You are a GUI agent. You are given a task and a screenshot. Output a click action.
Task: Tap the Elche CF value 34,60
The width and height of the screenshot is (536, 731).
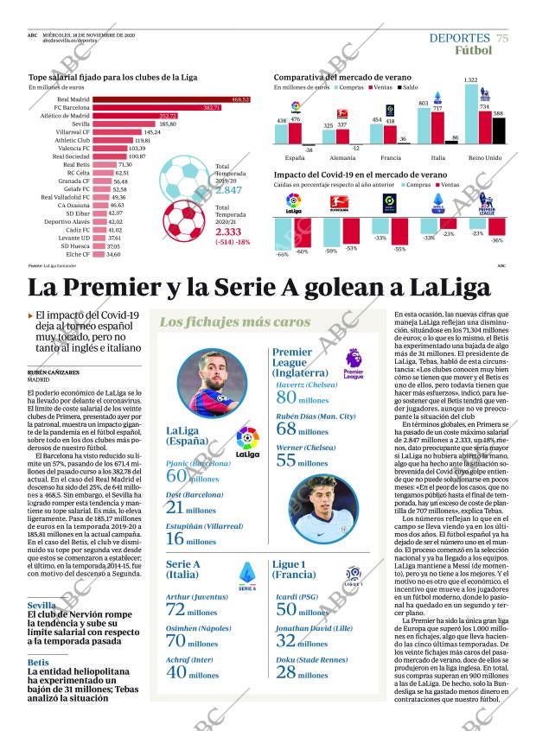coord(112,253)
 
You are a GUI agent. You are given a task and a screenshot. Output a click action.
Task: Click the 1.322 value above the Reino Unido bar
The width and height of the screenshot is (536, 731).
coord(470,79)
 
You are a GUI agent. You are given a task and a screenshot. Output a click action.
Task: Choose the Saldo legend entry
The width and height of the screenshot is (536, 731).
coord(409,87)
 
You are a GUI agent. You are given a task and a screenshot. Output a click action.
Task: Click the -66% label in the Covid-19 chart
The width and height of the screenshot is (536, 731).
coord(282,254)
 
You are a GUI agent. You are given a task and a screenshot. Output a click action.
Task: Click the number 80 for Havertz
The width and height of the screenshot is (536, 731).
coord(285,397)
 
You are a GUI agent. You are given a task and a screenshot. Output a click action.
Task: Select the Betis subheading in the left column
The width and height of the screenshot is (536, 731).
coord(38,662)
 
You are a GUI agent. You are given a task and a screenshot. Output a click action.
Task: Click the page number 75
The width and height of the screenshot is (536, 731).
coord(502,37)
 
